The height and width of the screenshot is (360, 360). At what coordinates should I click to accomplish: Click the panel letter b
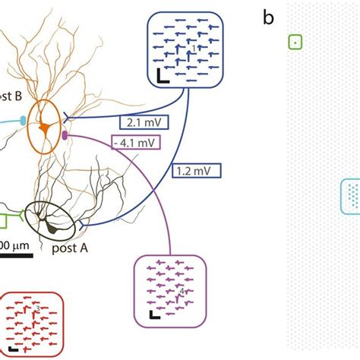click(x=268, y=17)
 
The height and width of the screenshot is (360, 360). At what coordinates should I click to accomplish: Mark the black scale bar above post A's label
click(x=16, y=255)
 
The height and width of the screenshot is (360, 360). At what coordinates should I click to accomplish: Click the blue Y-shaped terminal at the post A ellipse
click(x=81, y=224)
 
